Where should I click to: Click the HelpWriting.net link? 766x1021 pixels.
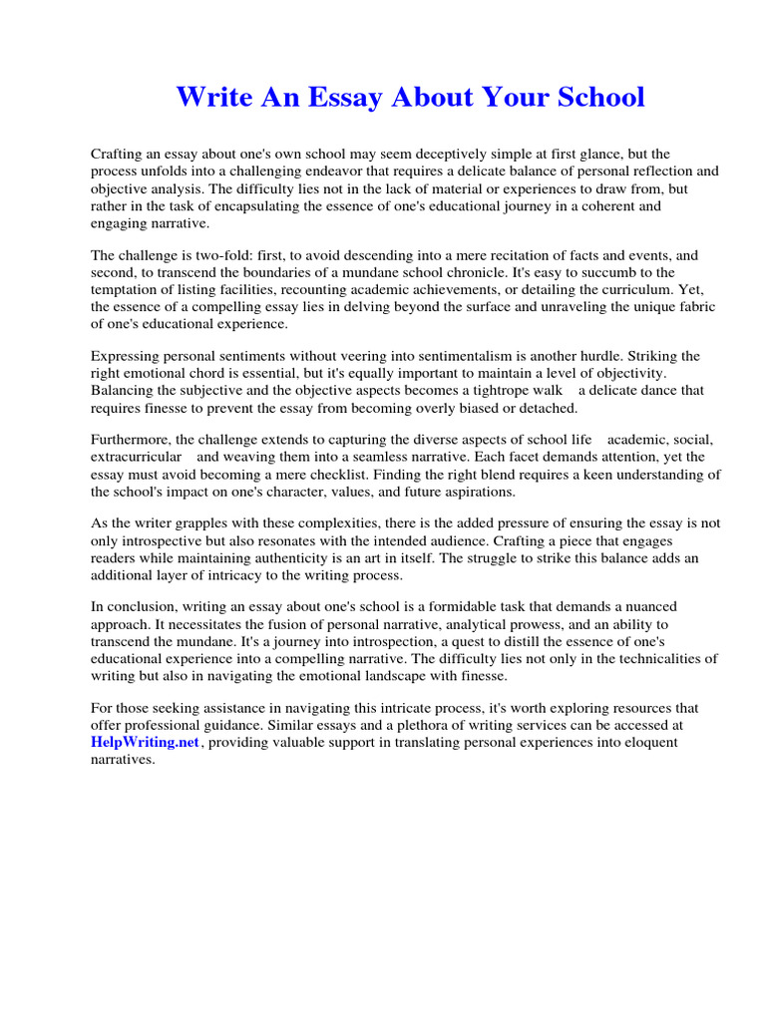tap(146, 743)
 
